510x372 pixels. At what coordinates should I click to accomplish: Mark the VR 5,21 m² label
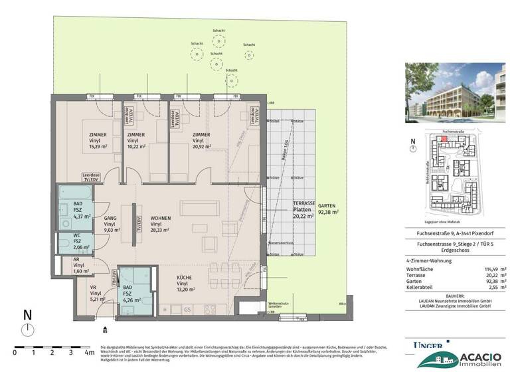(96, 293)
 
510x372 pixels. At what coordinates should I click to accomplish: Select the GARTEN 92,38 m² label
(329, 209)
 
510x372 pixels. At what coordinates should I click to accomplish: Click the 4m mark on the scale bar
(88, 352)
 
